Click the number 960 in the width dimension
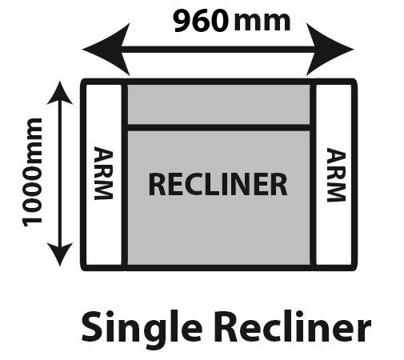click(x=202, y=21)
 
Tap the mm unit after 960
click(x=262, y=22)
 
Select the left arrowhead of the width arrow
click(x=106, y=50)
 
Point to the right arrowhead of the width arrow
click(x=330, y=50)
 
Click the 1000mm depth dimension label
click(x=33, y=172)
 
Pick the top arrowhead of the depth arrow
click(x=60, y=93)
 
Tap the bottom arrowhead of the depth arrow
click(x=60, y=254)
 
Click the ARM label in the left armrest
click(x=103, y=173)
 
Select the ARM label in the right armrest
click(x=336, y=175)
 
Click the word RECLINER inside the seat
click(x=218, y=185)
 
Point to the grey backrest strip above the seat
click(x=218, y=104)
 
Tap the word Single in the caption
click(x=142, y=329)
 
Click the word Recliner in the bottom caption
click(x=294, y=326)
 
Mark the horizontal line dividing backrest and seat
click(x=218, y=127)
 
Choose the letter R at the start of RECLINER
click(x=156, y=185)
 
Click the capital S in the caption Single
click(x=92, y=327)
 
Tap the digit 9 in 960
click(x=182, y=21)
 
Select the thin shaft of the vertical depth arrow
click(x=60, y=174)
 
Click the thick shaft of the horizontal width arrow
click(x=218, y=50)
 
